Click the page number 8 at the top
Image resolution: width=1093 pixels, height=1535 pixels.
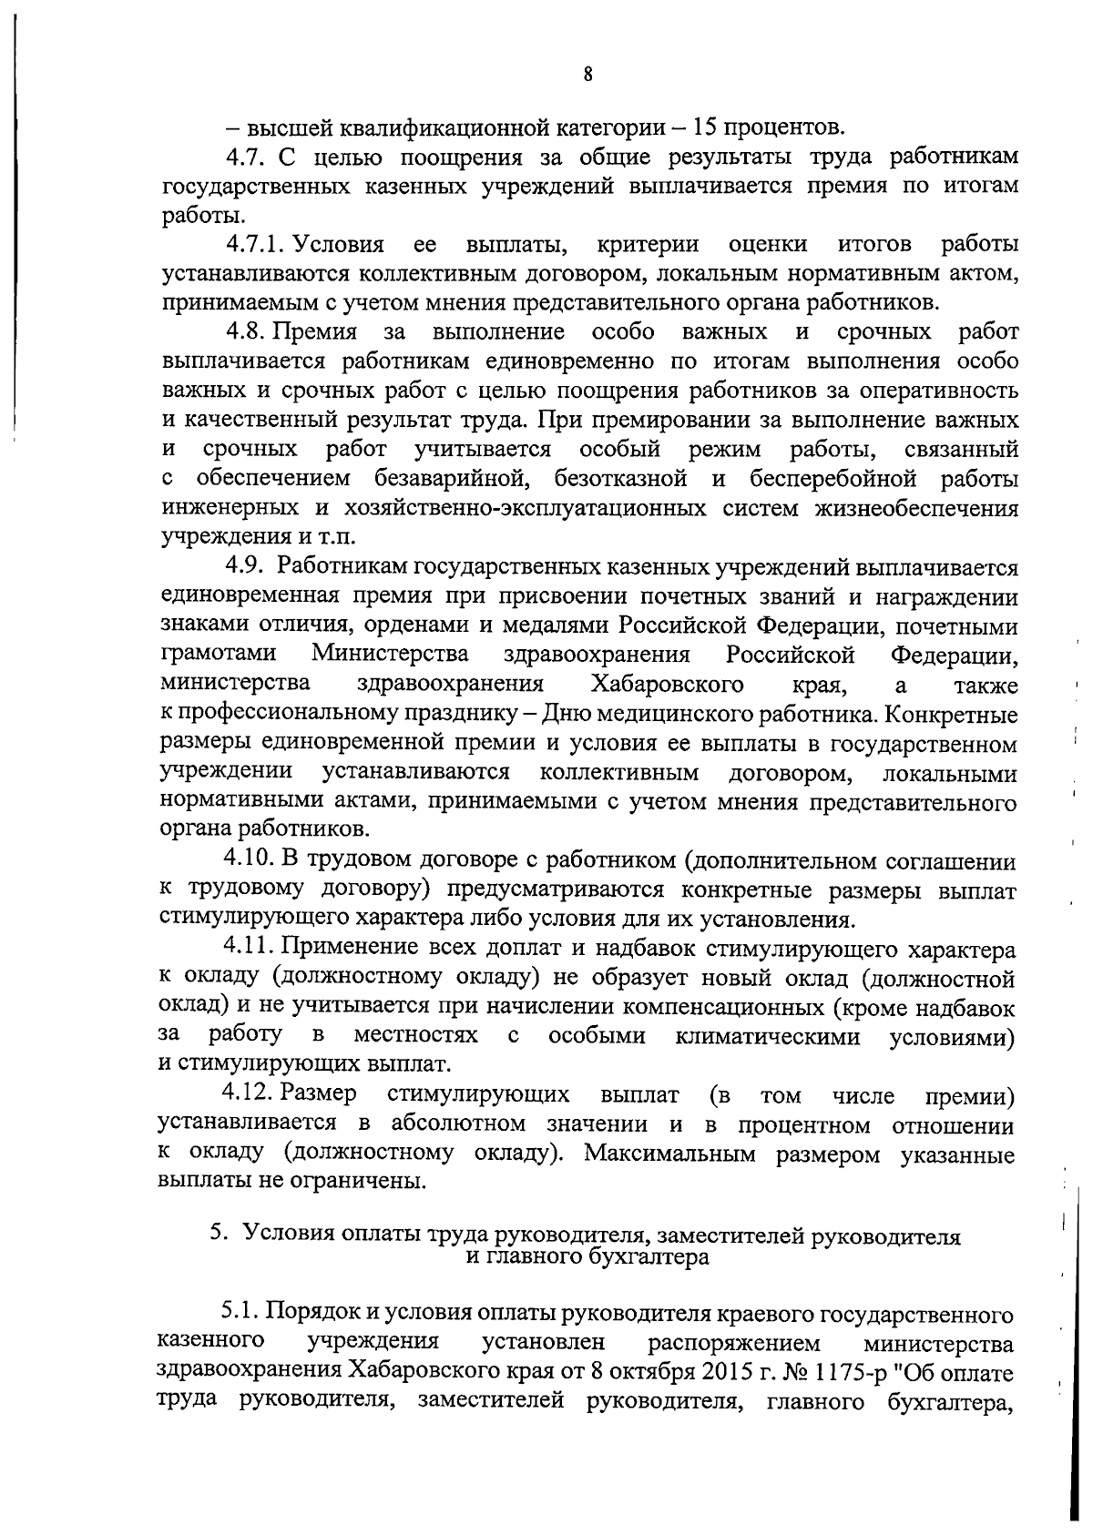coord(587,76)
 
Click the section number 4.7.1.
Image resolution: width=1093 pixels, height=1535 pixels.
coord(258,245)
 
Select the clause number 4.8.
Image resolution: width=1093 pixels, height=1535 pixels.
coord(246,332)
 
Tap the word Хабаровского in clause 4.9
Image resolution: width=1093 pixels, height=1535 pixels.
coord(666,685)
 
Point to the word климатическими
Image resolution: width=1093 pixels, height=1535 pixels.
coord(768,1036)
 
